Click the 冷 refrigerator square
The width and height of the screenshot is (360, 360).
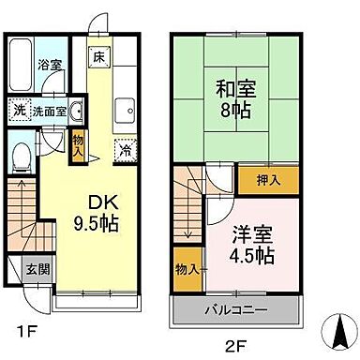coord(123,148)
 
